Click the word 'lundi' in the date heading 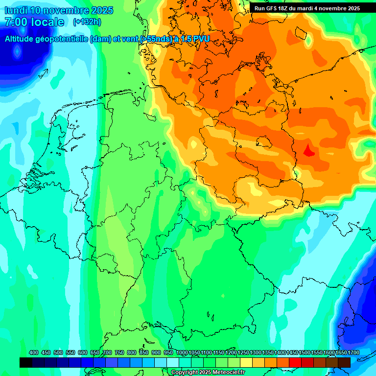click(16, 10)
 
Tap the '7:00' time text click(16, 22)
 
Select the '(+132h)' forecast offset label click(87, 22)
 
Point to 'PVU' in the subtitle click(200, 39)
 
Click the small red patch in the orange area click(308, 150)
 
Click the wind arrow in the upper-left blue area click(43, 74)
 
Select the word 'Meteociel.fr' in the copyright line click(229, 373)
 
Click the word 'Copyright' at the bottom click(185, 373)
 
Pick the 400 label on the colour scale click(34, 352)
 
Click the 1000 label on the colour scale click(182, 352)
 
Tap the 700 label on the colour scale click(107, 352)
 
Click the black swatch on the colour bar click(26, 362)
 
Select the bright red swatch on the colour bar click(295, 362)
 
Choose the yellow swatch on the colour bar click(246, 362)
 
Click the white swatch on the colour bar click(173, 362)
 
